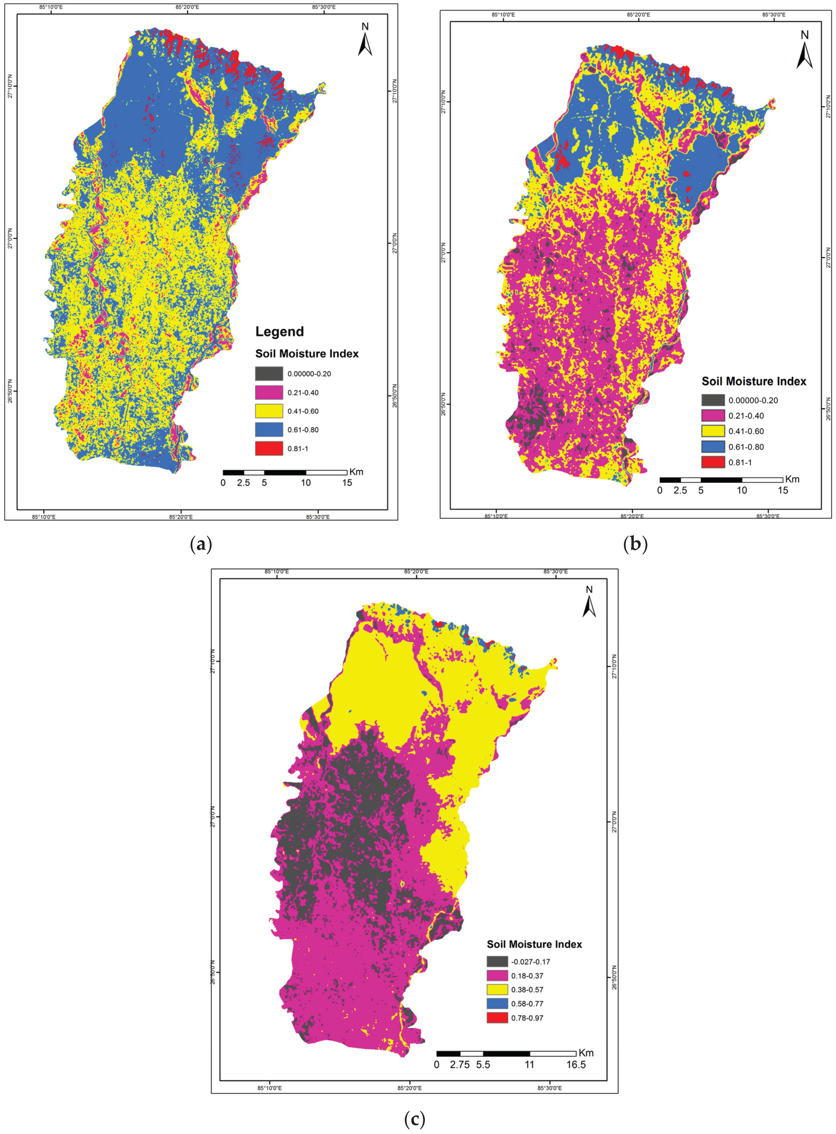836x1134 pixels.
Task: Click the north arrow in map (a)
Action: point(365,40)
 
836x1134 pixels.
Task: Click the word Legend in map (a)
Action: point(279,332)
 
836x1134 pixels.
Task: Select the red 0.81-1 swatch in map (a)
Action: point(269,448)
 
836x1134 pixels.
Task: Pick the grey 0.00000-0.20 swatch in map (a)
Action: point(269,374)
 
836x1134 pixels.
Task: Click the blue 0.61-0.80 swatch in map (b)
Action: point(713,447)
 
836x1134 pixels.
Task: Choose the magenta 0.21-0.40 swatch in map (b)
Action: point(713,415)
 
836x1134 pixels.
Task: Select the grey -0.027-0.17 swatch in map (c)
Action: point(497,962)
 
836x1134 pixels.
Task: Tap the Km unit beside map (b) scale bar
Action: point(793,479)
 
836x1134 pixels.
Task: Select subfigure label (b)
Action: point(636,544)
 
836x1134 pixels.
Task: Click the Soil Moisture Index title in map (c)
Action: point(534,944)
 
